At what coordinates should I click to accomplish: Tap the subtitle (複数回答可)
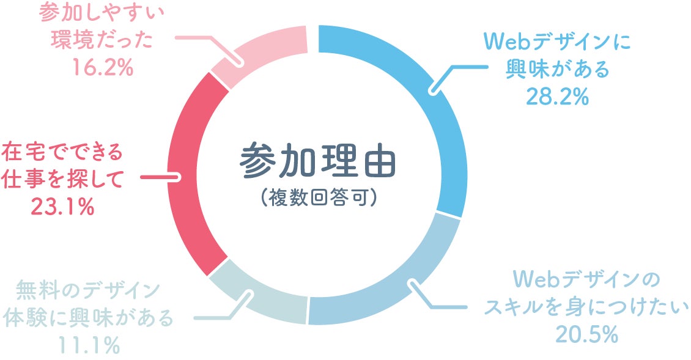(x=317, y=199)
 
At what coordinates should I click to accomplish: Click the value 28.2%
(x=558, y=97)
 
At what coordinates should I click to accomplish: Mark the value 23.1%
(x=62, y=207)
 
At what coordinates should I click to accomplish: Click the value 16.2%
(x=102, y=67)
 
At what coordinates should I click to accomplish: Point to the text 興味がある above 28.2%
(x=558, y=70)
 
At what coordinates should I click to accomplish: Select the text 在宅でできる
(x=62, y=150)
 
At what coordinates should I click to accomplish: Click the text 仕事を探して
(x=62, y=179)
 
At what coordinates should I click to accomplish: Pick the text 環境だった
(x=102, y=40)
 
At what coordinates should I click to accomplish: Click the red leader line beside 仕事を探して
(x=160, y=178)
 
